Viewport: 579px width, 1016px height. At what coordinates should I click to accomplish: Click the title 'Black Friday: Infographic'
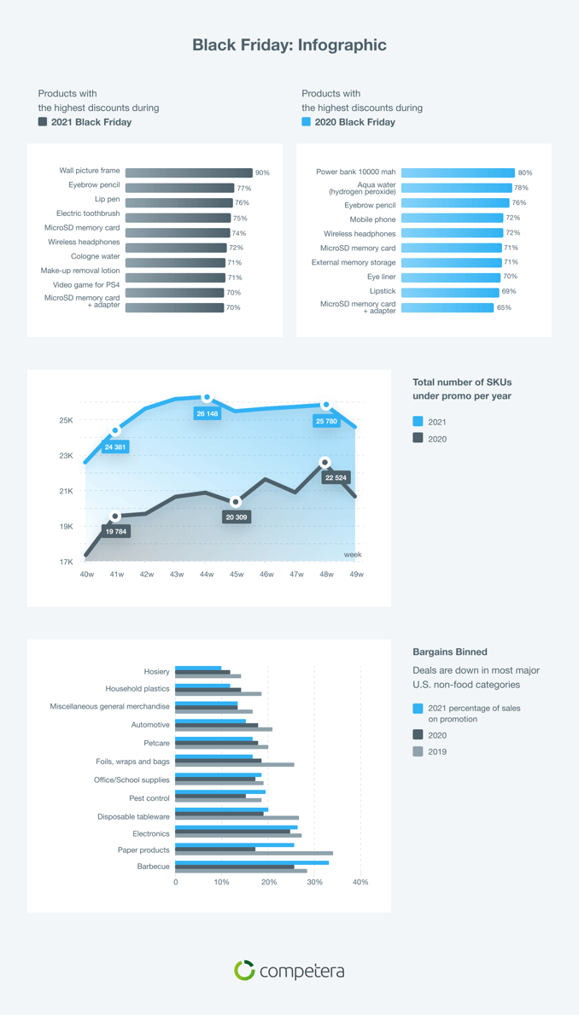pos(289,45)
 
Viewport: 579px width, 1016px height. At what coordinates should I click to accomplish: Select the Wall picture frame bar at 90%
pos(189,172)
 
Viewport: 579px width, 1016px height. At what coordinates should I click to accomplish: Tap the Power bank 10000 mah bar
pos(458,172)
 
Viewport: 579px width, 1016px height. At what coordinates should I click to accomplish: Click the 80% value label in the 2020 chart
pos(524,172)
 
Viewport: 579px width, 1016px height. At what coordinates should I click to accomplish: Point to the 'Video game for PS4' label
pos(86,284)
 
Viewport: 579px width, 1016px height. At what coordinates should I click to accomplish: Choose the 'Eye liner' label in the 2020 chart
pos(382,277)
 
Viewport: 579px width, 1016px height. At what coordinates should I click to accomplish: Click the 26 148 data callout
pos(207,413)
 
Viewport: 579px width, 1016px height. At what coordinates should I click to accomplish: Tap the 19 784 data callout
pos(116,531)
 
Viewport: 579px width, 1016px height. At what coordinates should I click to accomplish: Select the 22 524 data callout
pos(336,477)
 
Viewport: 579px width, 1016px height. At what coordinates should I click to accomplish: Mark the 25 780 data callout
pos(326,421)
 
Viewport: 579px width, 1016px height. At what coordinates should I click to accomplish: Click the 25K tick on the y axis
pos(66,420)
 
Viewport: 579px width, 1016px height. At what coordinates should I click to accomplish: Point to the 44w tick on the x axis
pos(207,575)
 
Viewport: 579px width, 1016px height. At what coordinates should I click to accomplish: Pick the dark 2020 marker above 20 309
pos(236,502)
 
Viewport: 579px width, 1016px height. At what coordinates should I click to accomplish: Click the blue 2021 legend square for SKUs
pos(418,422)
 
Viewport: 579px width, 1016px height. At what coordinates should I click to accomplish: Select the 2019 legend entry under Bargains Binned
pos(436,751)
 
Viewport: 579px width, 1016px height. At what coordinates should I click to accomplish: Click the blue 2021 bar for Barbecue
pos(252,862)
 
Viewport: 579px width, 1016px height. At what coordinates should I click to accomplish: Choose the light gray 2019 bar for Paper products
pos(254,853)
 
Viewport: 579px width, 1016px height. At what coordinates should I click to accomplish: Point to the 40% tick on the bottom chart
pos(360,882)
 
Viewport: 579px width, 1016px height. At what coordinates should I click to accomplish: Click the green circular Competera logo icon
pos(244,970)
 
